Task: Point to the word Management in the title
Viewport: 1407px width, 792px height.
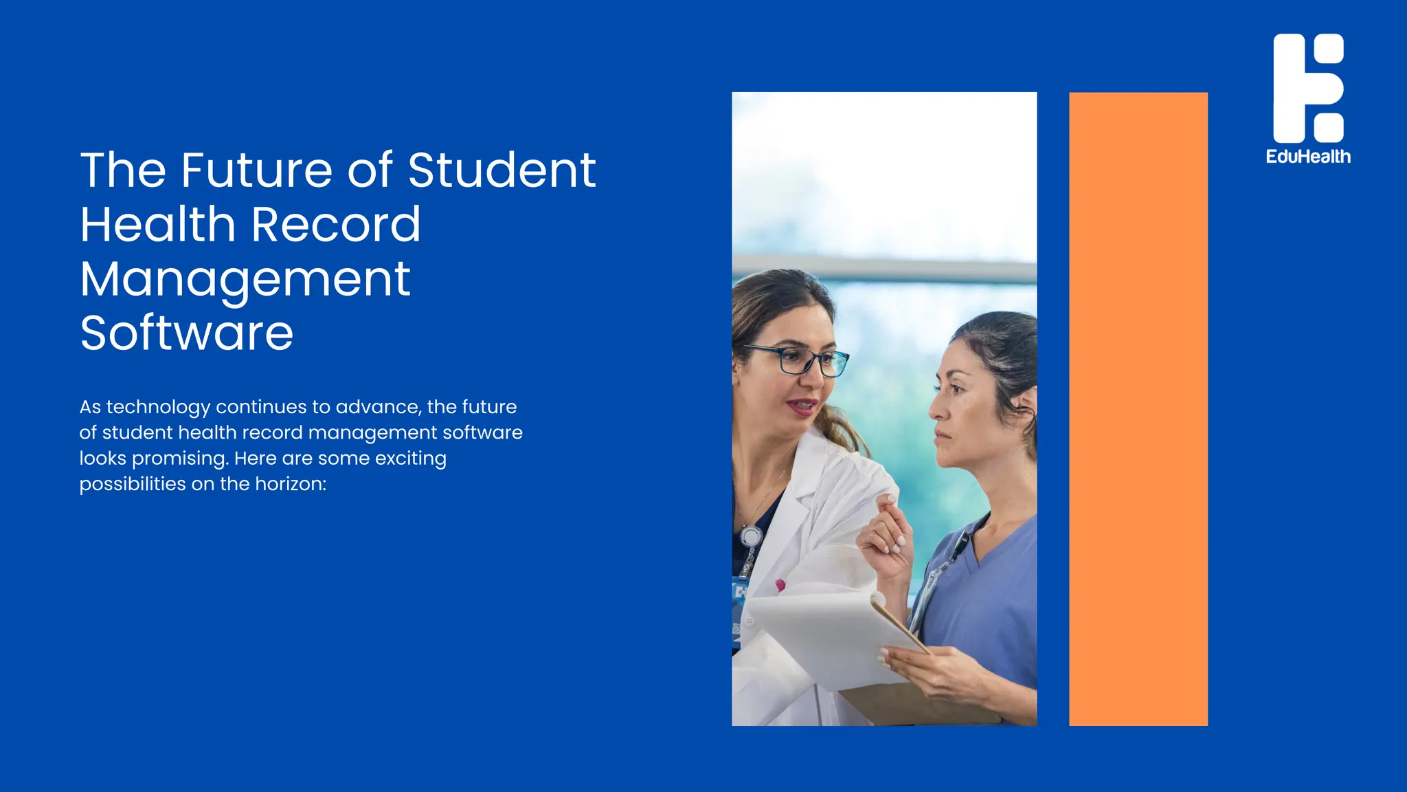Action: point(245,280)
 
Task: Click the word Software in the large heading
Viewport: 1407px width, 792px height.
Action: point(186,333)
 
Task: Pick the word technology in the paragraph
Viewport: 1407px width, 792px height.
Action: point(158,407)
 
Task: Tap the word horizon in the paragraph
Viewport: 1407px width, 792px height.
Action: point(290,484)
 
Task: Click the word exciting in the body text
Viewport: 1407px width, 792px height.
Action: point(410,459)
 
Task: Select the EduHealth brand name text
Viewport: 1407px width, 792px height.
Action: point(1308,157)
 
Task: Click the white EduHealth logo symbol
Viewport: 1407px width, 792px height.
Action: point(1308,88)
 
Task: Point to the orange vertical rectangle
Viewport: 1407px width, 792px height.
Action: point(1138,408)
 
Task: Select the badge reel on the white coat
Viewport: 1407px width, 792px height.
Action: point(751,536)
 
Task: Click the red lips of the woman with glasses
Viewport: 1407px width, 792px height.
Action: point(802,406)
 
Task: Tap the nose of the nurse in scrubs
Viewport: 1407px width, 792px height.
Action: point(935,411)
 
